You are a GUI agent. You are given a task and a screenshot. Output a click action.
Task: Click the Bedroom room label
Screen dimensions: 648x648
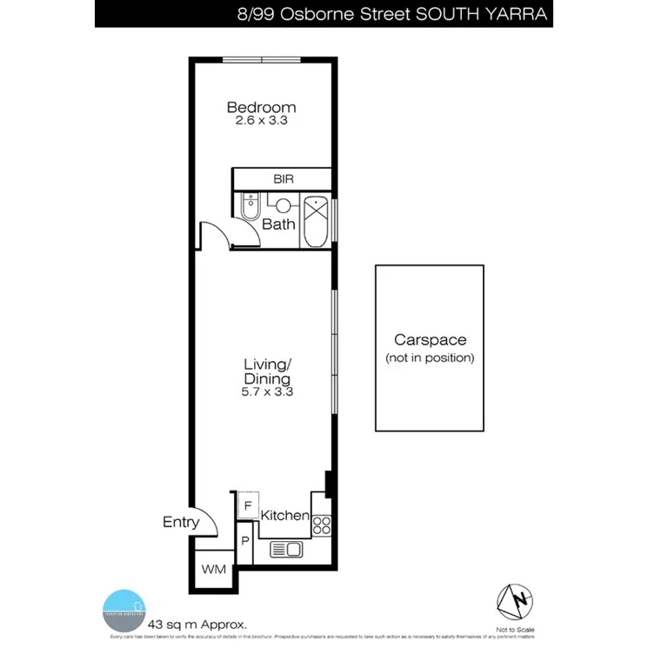[261, 108]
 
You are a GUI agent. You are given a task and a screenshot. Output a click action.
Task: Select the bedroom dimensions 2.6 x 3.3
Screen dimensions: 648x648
[261, 121]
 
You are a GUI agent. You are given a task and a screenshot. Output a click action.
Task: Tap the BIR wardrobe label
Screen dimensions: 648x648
[284, 178]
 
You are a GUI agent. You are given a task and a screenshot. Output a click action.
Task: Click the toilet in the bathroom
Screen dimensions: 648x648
[250, 207]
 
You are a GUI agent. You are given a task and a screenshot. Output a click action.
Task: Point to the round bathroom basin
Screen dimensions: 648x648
[283, 205]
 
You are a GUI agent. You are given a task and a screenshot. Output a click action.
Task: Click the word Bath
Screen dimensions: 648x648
[279, 224]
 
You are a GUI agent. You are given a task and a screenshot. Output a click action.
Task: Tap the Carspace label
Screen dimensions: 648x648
[430, 340]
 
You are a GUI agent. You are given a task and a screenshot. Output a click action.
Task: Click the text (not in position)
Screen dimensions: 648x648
[430, 357]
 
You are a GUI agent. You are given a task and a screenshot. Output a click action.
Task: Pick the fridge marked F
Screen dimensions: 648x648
[247, 505]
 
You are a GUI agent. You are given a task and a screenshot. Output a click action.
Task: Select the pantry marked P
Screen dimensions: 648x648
[245, 541]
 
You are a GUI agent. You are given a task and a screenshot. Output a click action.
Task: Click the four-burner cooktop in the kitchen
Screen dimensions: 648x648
[321, 524]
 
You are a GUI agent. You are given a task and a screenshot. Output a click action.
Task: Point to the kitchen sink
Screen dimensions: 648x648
[286, 549]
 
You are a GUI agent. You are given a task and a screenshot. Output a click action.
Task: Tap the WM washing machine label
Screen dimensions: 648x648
[213, 570]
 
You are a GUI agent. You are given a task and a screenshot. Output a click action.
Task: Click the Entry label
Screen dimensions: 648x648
[181, 523]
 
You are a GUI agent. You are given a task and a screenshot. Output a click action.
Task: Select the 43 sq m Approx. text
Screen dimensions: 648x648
[197, 624]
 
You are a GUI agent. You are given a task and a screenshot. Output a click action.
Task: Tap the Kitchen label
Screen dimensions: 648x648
[285, 516]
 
